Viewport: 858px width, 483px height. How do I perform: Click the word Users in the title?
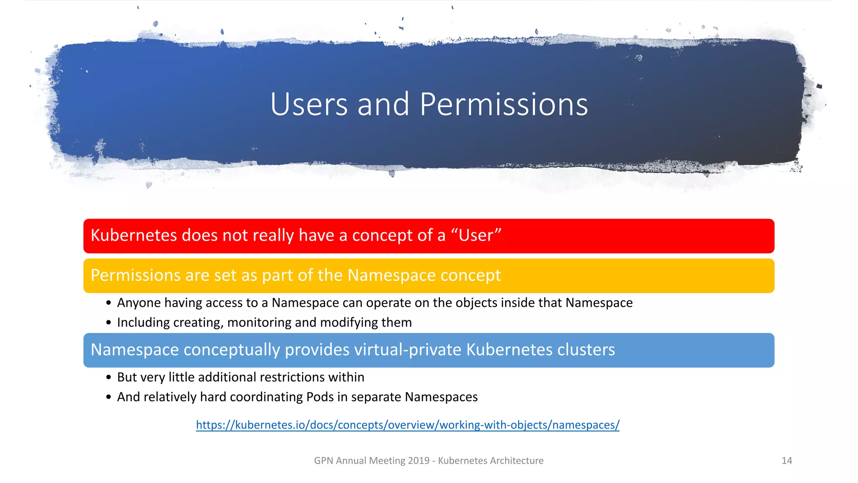pos(309,104)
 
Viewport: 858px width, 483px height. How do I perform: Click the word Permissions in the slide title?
pos(504,104)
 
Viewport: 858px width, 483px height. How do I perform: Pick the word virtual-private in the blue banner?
pos(373,350)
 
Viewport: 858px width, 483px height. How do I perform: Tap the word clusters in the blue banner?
pos(585,350)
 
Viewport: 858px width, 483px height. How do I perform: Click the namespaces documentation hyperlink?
pos(408,425)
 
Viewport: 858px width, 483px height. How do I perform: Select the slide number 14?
pos(787,461)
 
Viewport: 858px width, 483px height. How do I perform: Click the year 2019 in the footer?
pos(419,461)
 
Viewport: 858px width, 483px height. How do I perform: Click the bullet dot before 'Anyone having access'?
pos(109,303)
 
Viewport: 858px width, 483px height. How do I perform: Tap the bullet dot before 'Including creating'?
pos(109,323)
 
